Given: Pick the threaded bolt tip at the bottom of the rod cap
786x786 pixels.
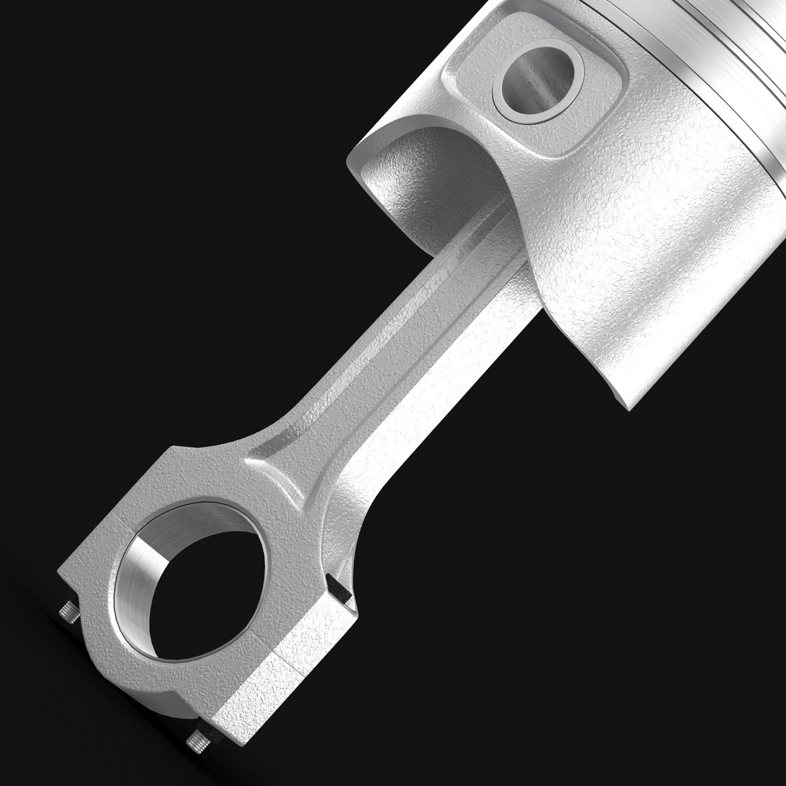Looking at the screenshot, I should pyautogui.click(x=196, y=742).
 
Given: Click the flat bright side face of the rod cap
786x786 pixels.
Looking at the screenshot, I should pyautogui.click(x=288, y=668).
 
